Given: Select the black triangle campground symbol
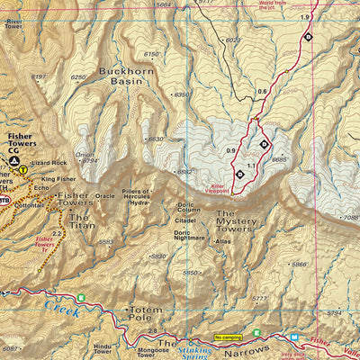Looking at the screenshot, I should click(13, 160).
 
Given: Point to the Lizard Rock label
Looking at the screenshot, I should click(49, 163).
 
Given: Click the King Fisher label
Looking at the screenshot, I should click(58, 179).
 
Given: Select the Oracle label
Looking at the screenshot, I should click(106, 195).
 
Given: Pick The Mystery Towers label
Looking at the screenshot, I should click(237, 219).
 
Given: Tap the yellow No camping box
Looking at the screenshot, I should click(229, 337).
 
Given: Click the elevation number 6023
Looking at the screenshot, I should click(233, 40).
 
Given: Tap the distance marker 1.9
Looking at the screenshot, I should click(305, 17).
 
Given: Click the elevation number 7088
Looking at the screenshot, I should click(349, 217).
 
